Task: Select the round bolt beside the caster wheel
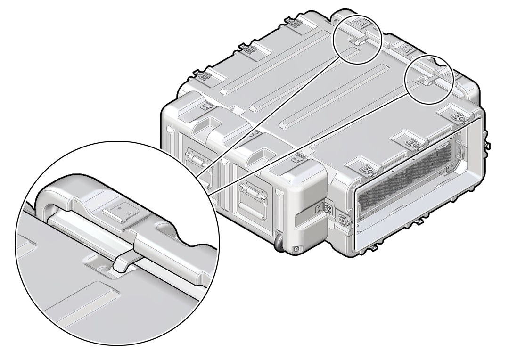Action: tap(296, 249)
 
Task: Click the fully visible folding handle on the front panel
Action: tap(250, 193)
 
